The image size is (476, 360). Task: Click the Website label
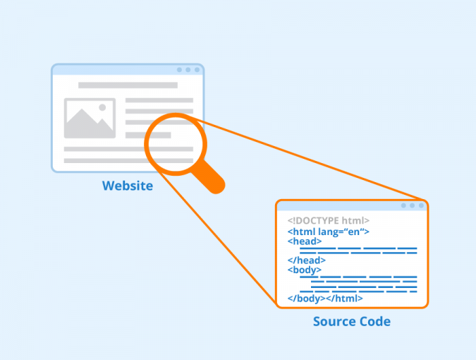128,186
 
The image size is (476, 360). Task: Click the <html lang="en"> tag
329,232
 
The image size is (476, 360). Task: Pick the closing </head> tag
307,260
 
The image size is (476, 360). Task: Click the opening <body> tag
305,270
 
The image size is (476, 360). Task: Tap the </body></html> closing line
325,299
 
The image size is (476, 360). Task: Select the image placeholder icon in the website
90,118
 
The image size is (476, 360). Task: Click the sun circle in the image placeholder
102,108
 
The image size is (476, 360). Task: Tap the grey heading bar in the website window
128,85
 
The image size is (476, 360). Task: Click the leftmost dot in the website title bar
179,70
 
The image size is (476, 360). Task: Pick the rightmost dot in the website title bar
197,70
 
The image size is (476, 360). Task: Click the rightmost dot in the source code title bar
421,205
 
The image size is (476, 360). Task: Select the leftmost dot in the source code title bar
403,205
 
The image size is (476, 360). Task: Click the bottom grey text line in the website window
128,160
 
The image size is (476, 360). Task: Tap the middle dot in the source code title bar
413,205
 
